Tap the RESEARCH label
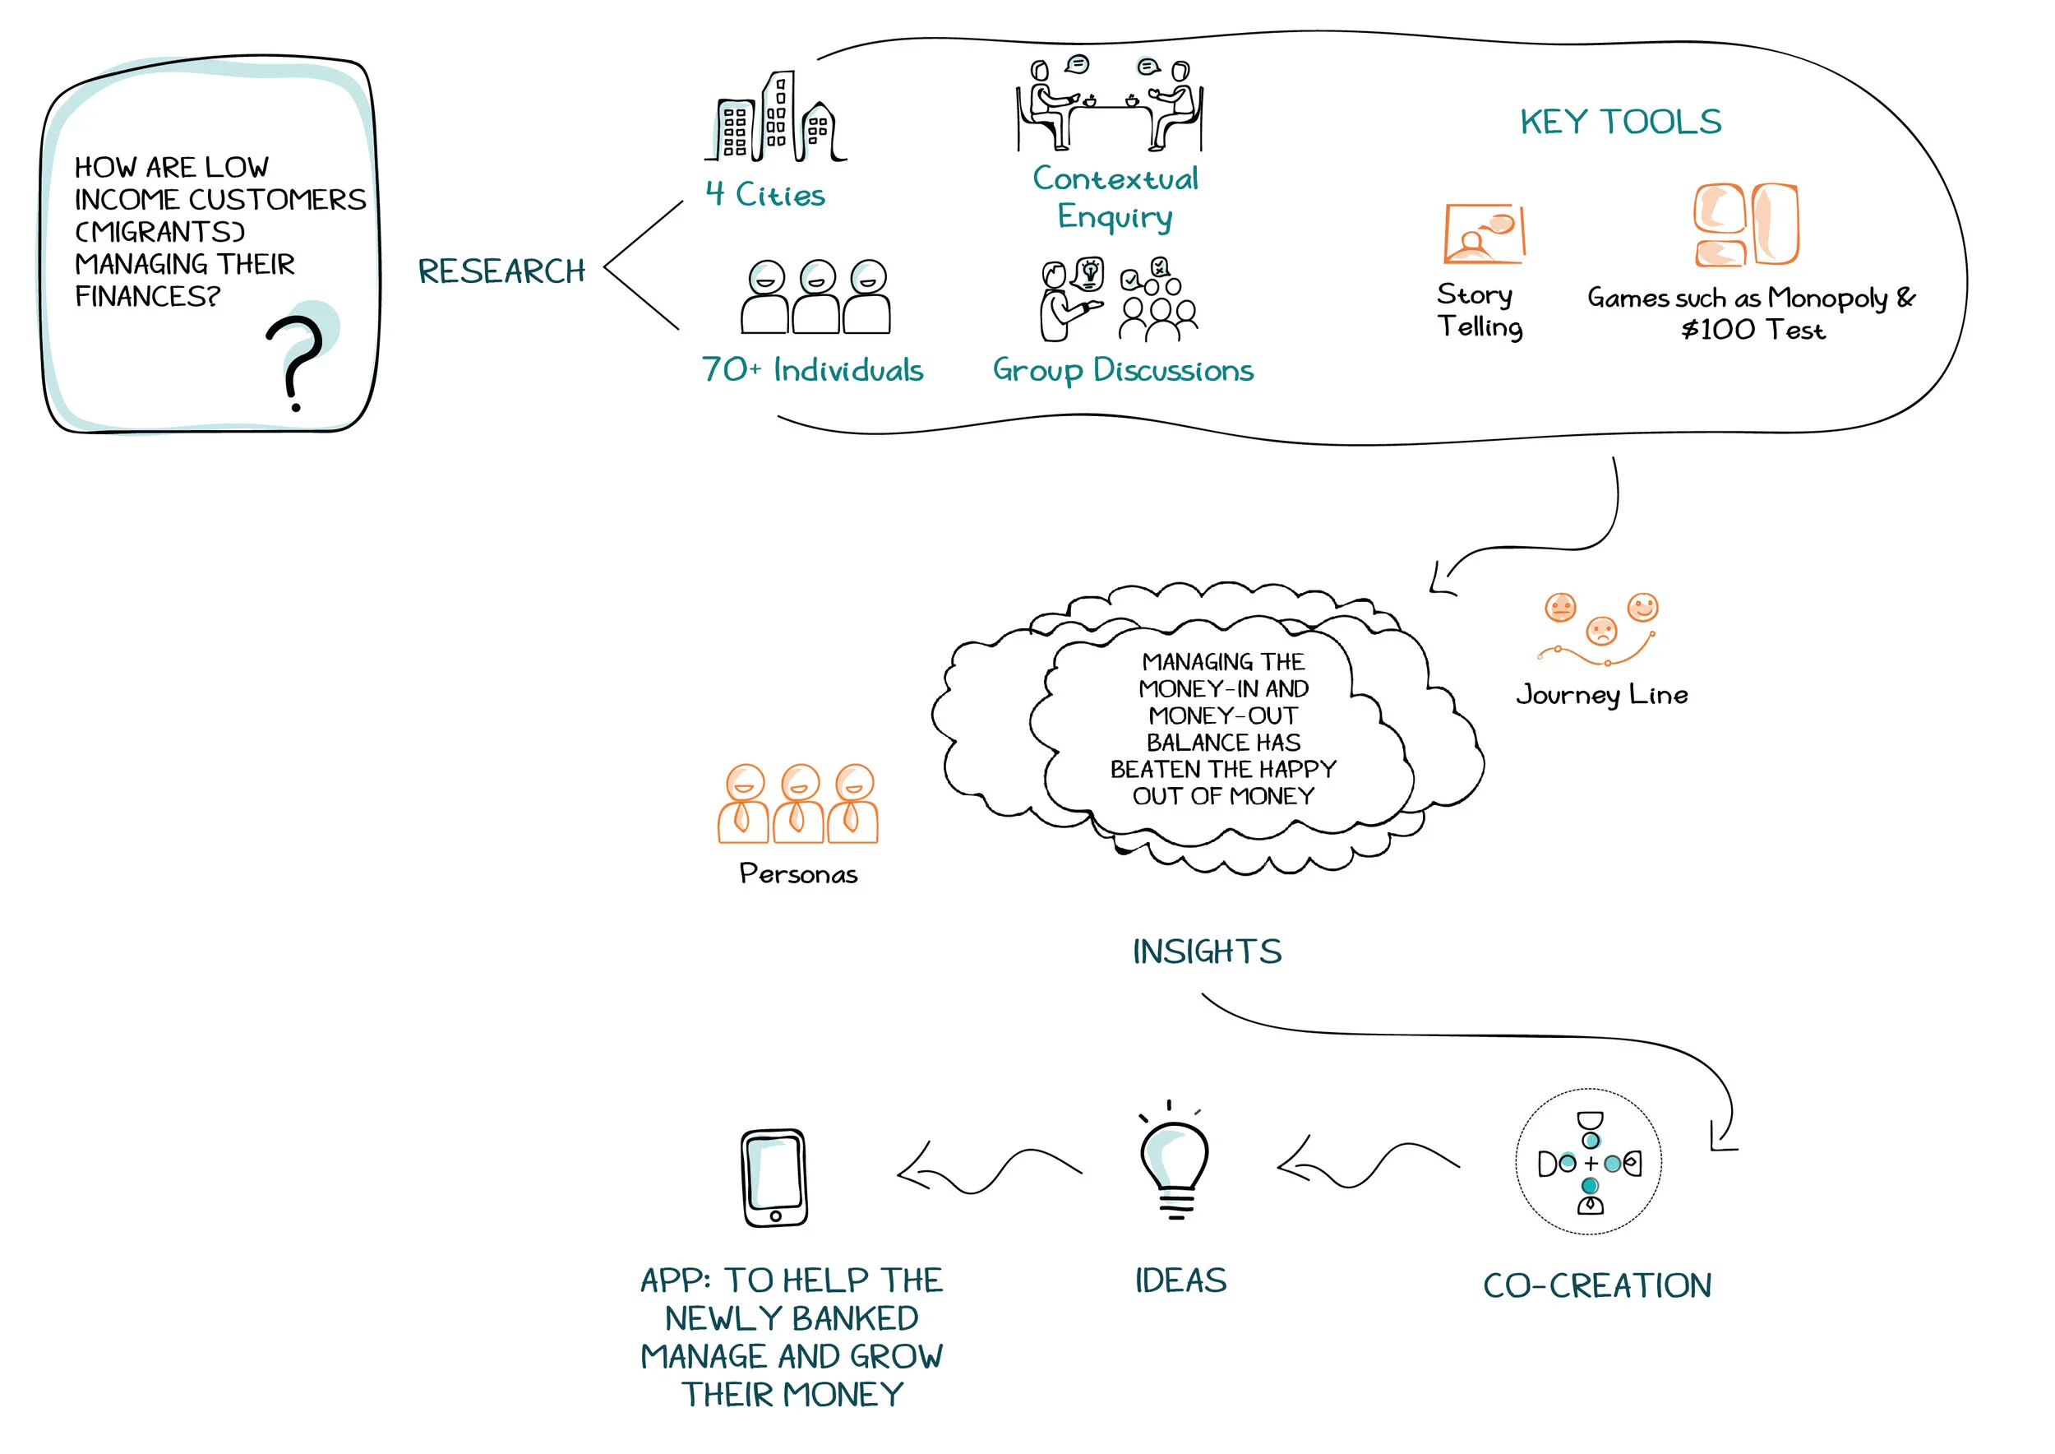[501, 271]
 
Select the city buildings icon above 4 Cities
[775, 118]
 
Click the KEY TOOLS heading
[1620, 122]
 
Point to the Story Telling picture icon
[1483, 233]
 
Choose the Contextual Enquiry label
[1115, 197]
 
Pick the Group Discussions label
[1122, 370]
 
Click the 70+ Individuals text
[812, 370]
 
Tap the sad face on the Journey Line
[1601, 632]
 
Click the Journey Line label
[1601, 695]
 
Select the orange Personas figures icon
[797, 804]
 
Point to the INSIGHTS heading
[1207, 952]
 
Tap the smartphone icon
[774, 1178]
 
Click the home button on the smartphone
[775, 1216]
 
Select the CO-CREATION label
[1597, 1285]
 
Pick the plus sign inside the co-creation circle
[1591, 1164]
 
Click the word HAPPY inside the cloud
[1298, 769]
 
